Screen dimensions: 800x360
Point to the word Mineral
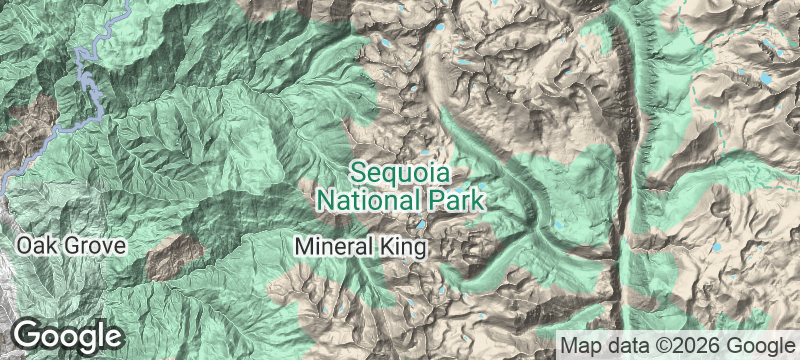point(333,244)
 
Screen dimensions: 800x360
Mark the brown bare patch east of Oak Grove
point(171,258)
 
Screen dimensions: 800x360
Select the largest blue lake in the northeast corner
point(767,77)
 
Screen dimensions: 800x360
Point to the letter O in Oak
point(24,245)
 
